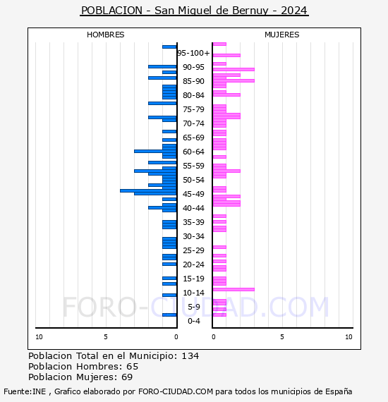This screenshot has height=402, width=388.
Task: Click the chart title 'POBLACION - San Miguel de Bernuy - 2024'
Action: click(194, 11)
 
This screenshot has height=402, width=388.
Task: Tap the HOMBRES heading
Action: click(105, 35)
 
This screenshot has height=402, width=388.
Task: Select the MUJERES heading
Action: click(282, 35)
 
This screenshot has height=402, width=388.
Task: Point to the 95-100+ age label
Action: click(193, 53)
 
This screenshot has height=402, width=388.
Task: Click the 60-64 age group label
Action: click(193, 152)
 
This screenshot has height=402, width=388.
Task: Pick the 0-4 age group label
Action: click(193, 321)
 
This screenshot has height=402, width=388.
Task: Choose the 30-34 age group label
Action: click(193, 236)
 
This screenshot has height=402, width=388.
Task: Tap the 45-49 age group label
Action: click(193, 194)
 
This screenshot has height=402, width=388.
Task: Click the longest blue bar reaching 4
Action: click(148, 190)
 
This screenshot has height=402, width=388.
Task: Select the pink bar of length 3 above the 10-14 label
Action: click(234, 289)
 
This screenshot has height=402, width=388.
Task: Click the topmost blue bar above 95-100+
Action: click(169, 47)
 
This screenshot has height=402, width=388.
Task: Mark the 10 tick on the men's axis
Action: click(39, 337)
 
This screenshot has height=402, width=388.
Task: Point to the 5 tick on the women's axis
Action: click(282, 337)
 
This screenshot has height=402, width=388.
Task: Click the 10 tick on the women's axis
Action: click(348, 337)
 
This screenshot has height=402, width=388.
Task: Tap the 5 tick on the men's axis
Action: click(106, 337)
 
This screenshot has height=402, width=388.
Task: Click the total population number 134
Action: click(190, 356)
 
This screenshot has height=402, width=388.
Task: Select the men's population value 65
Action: click(133, 367)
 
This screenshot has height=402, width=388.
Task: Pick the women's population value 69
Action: click(127, 377)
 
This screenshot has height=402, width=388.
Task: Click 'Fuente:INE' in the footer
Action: click(25, 391)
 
